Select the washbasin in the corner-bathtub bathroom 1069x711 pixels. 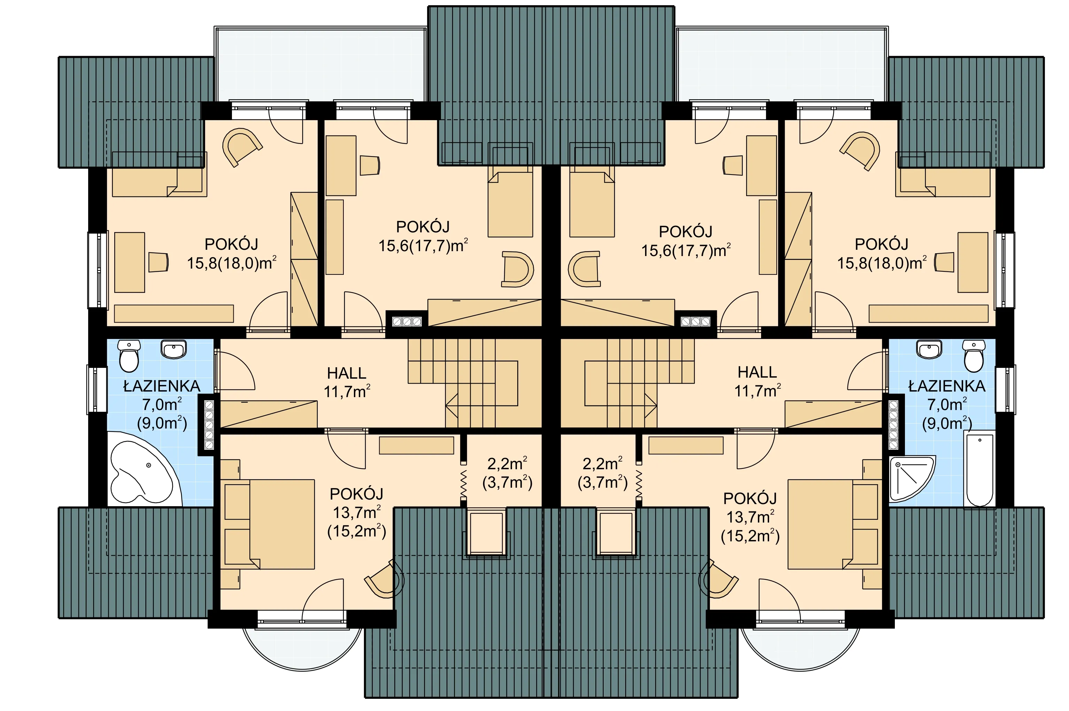[173, 349]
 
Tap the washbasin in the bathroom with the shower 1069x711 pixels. [929, 349]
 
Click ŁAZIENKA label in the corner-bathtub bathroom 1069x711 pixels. [161, 386]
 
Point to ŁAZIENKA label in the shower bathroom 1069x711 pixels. [947, 386]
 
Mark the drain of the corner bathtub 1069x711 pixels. [149, 465]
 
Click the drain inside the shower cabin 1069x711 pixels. [898, 464]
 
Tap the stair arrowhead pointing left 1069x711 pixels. [451, 405]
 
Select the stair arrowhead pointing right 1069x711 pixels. [651, 405]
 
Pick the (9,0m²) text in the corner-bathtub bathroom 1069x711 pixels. [162, 423]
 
